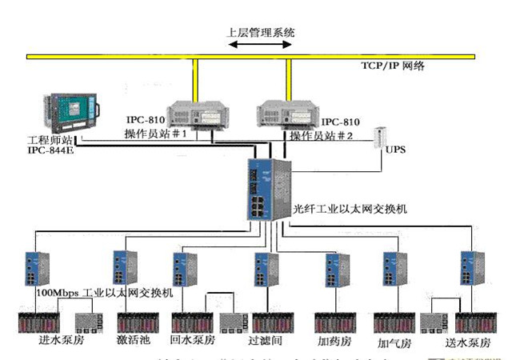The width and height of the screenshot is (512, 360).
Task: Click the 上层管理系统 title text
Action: [x=262, y=33]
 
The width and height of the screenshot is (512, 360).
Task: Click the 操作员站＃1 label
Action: [x=155, y=134]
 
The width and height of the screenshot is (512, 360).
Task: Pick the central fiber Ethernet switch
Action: [x=267, y=189]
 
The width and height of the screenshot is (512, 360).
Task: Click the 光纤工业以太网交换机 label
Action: [x=350, y=209]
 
